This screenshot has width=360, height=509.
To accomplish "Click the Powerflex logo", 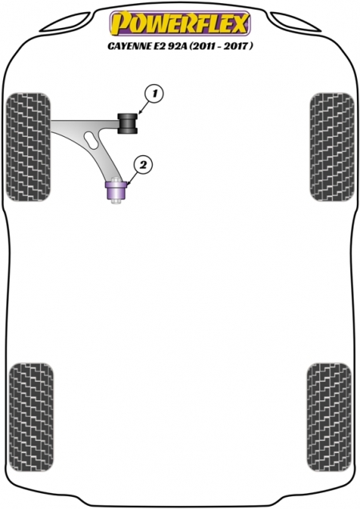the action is [179, 22].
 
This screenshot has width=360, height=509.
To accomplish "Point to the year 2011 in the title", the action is [202, 46].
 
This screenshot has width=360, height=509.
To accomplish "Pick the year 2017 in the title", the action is [239, 46].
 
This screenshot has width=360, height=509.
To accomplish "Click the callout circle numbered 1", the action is [154, 94].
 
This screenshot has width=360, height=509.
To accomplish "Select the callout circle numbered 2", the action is [142, 166].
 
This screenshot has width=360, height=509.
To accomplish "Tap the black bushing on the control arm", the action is [127, 123].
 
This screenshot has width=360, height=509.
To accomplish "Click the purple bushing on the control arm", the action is [116, 191].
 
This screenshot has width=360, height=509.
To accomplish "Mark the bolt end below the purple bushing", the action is [116, 202].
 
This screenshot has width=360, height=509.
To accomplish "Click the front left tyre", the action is [29, 147].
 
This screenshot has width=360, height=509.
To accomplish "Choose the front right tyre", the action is [332, 147].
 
